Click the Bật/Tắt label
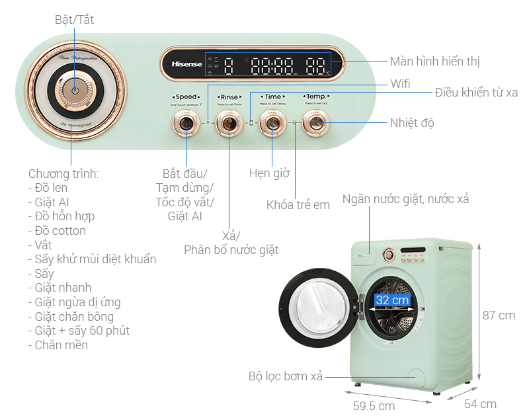coord(74,20)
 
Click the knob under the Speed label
coord(185,123)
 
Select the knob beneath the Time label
coord(272,123)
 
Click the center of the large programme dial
coord(75,92)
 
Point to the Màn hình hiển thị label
coord(434,62)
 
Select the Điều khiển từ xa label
coord(476,93)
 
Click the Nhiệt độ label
coord(412,123)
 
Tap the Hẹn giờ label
coord(270,173)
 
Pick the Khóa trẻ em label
coord(298,205)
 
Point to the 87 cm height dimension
coord(498,315)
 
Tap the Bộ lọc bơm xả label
coord(286,376)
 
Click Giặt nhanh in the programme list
coord(60,288)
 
